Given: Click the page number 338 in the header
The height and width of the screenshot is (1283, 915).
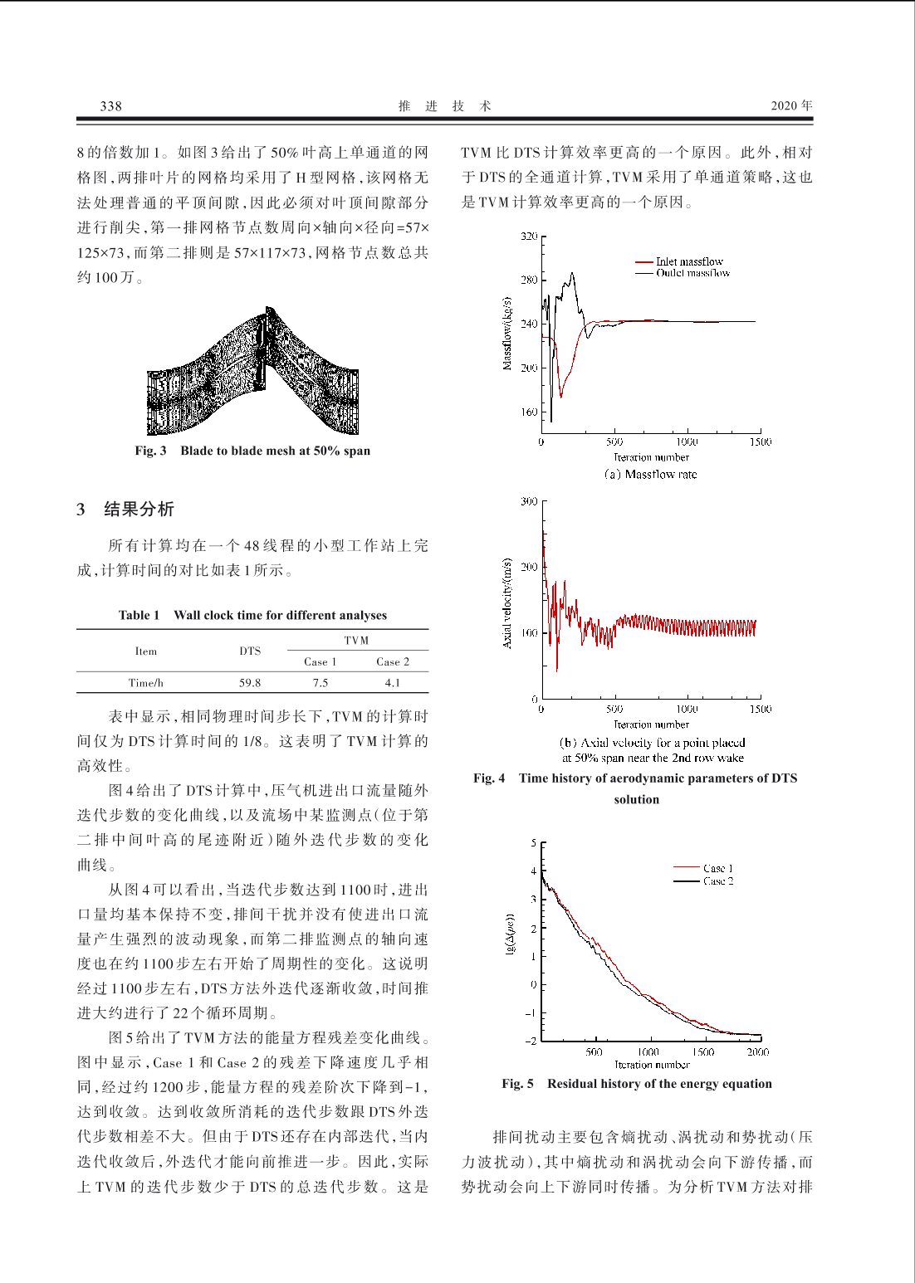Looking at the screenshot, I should (x=110, y=105).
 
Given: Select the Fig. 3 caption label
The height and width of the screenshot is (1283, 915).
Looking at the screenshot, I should (x=150, y=451).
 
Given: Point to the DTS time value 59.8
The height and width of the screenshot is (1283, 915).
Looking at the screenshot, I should (x=250, y=683).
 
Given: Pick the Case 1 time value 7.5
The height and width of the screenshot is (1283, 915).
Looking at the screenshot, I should (x=320, y=683).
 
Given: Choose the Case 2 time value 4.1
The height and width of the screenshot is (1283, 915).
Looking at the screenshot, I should (x=393, y=683).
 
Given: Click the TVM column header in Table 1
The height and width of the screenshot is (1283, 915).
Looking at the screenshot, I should (x=356, y=640).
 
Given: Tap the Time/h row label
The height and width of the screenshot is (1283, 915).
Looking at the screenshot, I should (x=145, y=683).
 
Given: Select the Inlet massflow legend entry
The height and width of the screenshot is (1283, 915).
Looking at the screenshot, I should (x=689, y=261).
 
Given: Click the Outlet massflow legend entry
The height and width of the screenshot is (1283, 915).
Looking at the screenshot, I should (x=692, y=273).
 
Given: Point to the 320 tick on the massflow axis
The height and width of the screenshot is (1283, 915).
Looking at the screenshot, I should (x=529, y=237).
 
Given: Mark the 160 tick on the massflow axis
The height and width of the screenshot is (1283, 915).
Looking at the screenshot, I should (x=529, y=412).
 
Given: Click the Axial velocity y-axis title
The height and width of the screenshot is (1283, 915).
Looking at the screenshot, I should (x=507, y=602).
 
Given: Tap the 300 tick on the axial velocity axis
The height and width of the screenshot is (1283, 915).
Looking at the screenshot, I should (x=529, y=501).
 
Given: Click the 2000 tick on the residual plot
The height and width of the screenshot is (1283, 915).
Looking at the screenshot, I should (x=757, y=1051).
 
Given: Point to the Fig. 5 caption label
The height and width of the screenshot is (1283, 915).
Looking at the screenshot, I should (x=517, y=1084).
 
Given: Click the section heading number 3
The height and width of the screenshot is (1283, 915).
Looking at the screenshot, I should (x=81, y=510).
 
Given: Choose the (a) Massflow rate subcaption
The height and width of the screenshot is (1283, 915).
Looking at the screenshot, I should (x=651, y=475).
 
